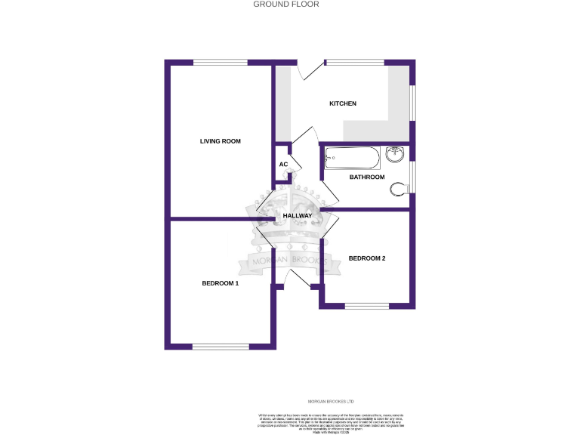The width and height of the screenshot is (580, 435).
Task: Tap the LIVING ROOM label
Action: click(221, 141)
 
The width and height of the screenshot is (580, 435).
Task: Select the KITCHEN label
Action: click(342, 103)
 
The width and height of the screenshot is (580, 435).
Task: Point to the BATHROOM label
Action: click(366, 177)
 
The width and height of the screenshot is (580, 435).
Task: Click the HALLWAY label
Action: click(297, 216)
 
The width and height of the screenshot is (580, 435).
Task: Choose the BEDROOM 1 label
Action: click(220, 284)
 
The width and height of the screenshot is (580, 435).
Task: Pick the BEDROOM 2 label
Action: click(367, 258)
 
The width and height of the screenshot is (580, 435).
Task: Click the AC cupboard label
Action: click(283, 165)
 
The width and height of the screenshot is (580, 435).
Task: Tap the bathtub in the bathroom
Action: click(351, 159)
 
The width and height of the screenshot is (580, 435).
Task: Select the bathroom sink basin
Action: click(395, 156)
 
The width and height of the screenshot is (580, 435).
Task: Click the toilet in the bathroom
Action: click(398, 189)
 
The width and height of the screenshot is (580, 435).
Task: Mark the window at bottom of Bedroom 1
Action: click(219, 347)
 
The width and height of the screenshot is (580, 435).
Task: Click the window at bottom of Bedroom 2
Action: click(367, 306)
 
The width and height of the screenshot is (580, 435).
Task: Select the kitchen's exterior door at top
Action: click(305, 69)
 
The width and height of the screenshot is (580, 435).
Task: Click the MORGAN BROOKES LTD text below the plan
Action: click(331, 402)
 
